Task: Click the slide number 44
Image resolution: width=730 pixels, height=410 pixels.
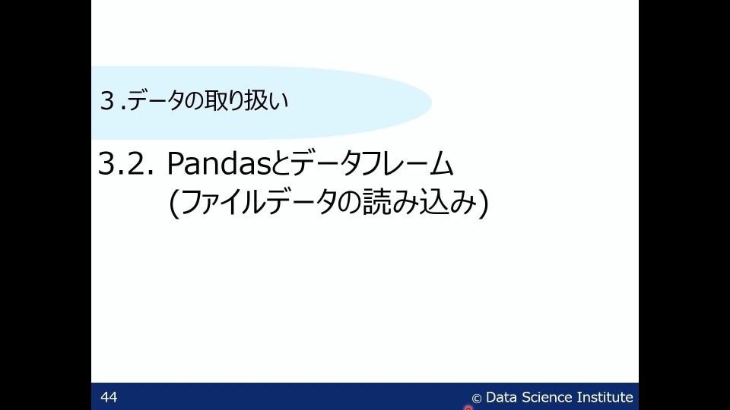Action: (x=109, y=397)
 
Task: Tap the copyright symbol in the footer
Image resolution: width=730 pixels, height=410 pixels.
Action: (x=477, y=398)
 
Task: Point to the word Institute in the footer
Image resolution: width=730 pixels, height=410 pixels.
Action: (x=605, y=397)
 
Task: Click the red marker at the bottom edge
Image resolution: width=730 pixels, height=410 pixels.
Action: (x=468, y=408)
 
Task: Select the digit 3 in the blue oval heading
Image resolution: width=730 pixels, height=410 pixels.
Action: (x=107, y=101)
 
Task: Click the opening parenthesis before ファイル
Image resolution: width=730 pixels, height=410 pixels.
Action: (x=174, y=205)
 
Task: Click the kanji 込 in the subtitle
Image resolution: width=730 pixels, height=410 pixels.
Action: (x=430, y=204)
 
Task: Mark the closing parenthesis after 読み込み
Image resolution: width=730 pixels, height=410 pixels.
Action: (x=481, y=205)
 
